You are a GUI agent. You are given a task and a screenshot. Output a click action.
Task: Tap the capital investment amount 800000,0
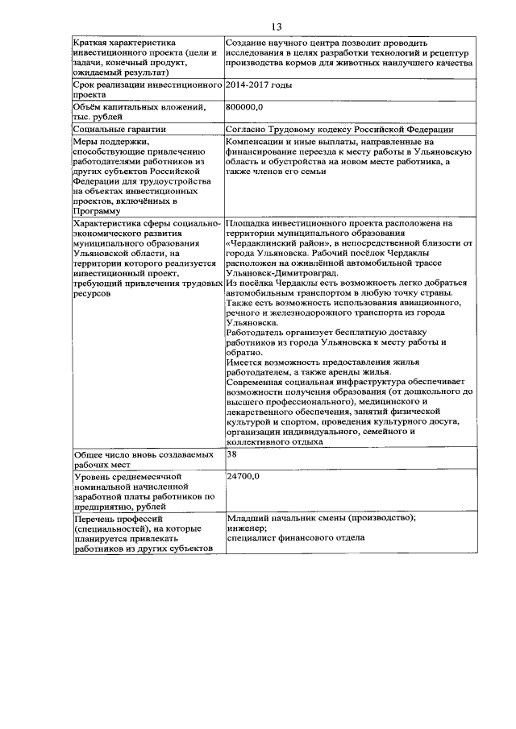(245, 106)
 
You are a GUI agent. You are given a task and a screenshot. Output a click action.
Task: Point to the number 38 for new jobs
(232, 454)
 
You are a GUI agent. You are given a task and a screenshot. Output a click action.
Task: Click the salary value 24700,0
(243, 477)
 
